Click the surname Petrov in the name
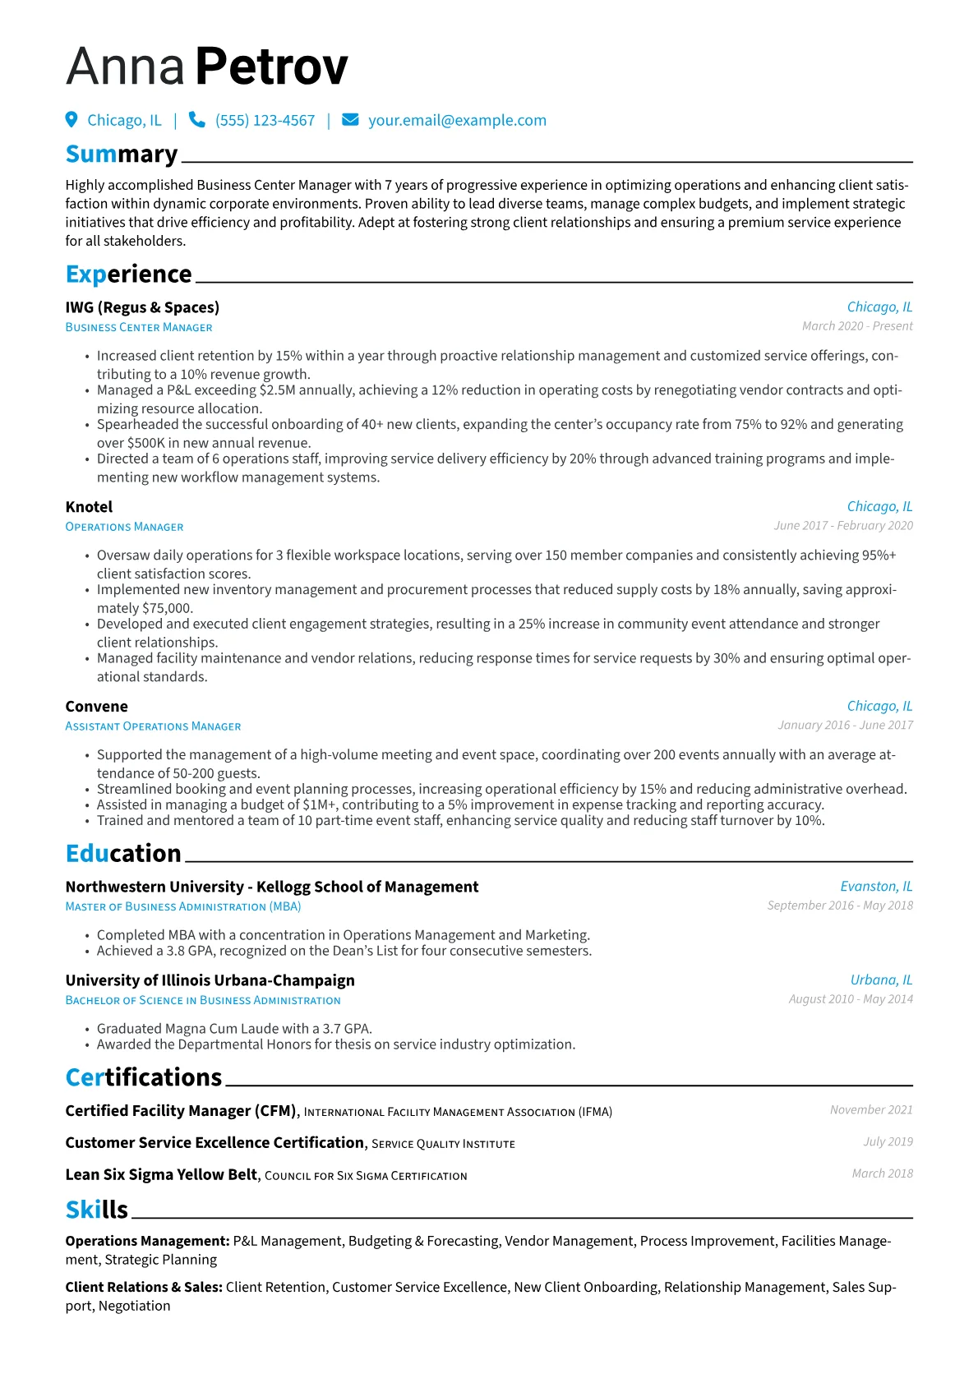point(271,67)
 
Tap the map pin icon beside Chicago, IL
point(72,120)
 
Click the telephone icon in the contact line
point(197,120)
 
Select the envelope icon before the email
point(350,120)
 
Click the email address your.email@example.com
point(457,121)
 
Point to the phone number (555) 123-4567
point(265,121)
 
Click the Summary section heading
point(122,154)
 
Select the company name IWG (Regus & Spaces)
point(142,307)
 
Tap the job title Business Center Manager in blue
point(139,327)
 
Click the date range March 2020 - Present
point(857,326)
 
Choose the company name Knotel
point(89,507)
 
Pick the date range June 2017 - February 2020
point(843,526)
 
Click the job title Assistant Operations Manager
point(153,726)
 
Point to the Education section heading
point(123,854)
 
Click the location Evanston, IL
point(876,887)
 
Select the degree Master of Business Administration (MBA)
point(183,906)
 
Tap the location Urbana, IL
point(881,980)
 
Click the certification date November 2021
point(871,1110)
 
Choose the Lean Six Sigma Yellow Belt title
point(161,1175)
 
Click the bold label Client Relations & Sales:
point(144,1288)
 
